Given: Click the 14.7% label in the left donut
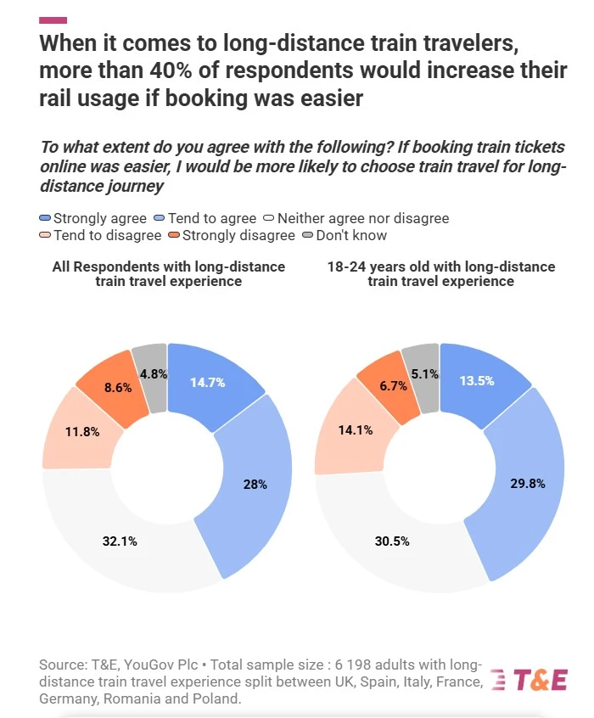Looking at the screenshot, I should click(x=207, y=382).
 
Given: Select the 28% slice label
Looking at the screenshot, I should click(x=256, y=484).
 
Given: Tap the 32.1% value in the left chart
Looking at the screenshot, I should click(x=120, y=541).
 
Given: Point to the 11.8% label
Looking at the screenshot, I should click(x=82, y=431).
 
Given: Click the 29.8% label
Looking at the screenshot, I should click(x=527, y=483).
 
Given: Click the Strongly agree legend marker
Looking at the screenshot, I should click(x=46, y=218).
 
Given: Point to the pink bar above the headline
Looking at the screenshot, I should click(x=53, y=20).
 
